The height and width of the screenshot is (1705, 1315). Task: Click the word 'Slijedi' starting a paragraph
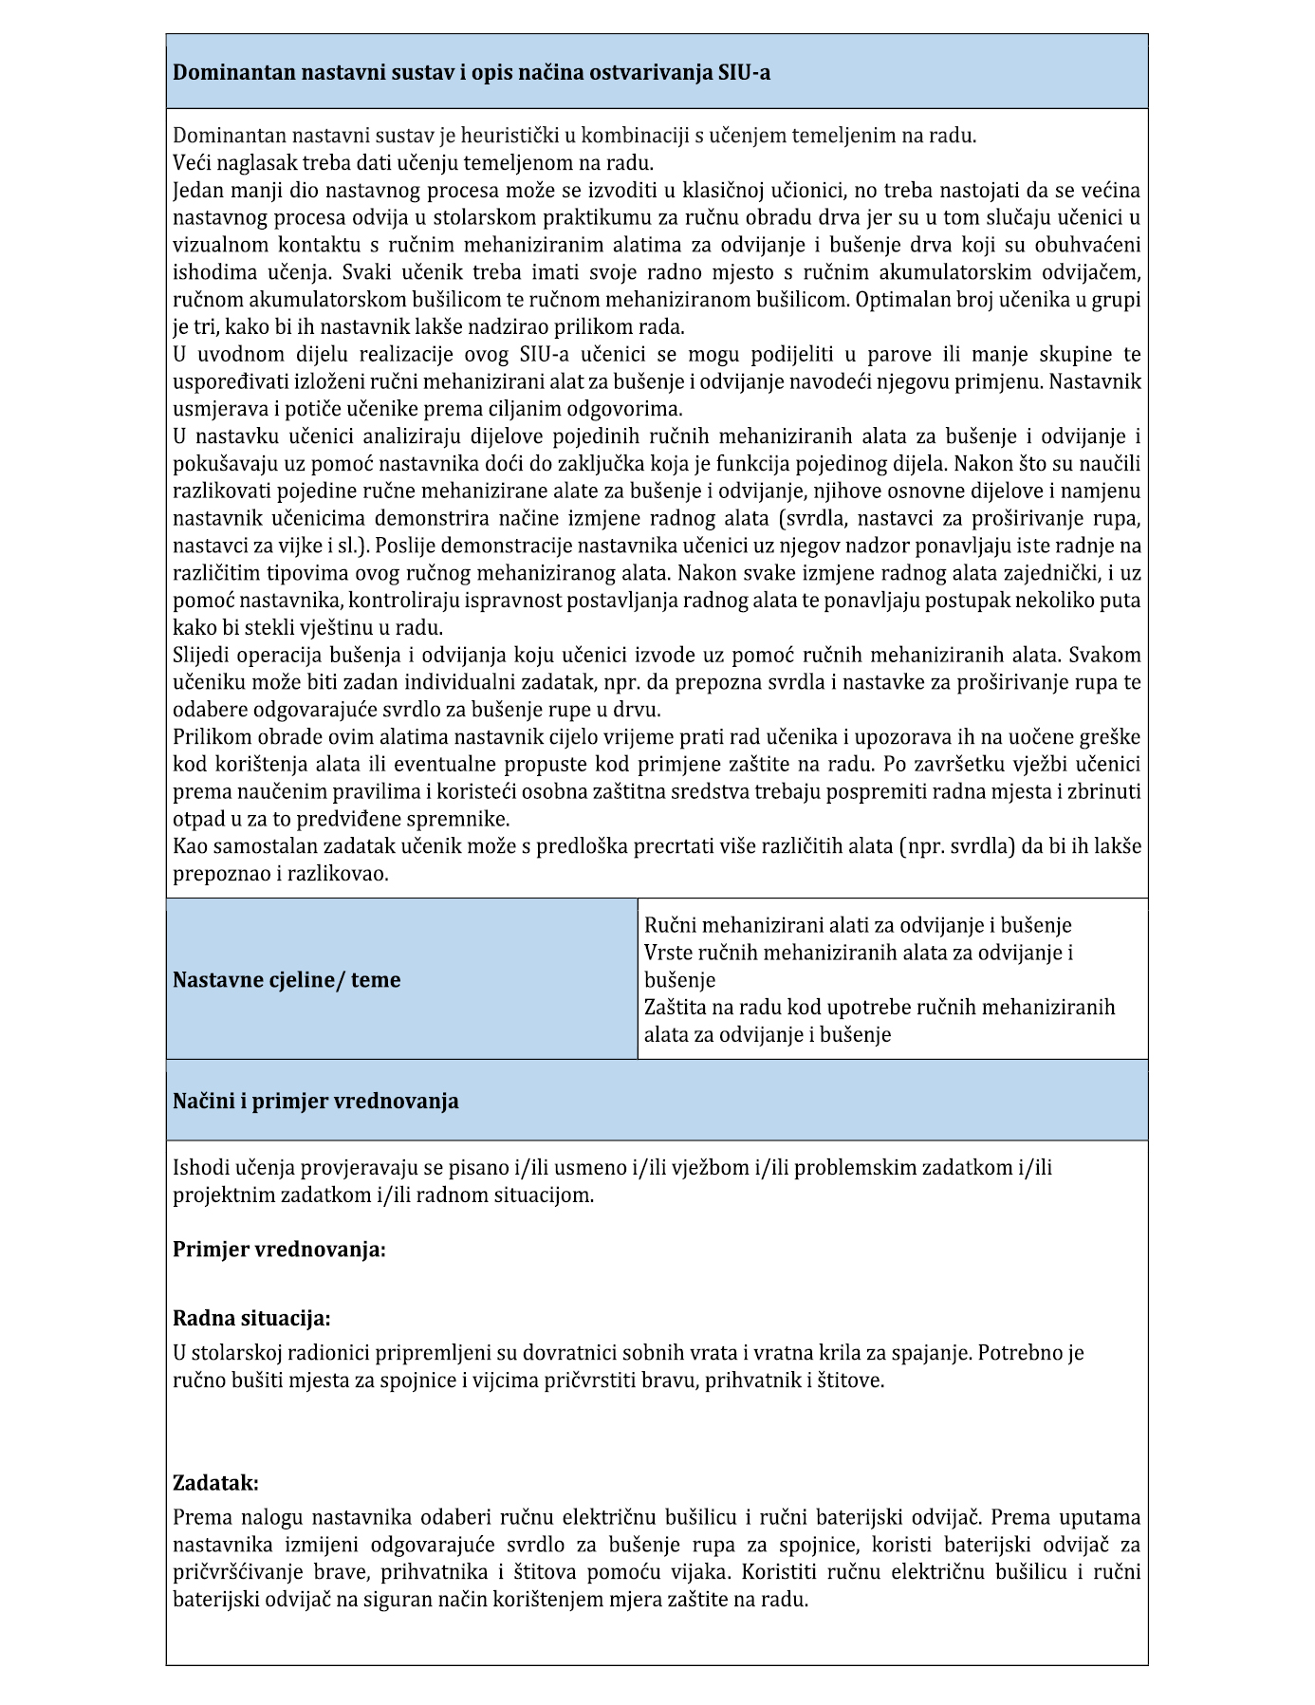[x=202, y=655]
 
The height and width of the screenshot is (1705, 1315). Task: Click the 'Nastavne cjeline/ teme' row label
[x=287, y=979]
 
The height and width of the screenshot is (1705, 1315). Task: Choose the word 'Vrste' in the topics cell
[x=668, y=952]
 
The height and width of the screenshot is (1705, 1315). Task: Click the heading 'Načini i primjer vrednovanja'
[x=315, y=1101]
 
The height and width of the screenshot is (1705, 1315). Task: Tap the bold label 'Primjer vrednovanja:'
[x=279, y=1249]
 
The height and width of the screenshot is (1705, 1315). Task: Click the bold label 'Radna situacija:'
[x=251, y=1318]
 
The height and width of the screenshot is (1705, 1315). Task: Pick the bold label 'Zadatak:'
[x=215, y=1482]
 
